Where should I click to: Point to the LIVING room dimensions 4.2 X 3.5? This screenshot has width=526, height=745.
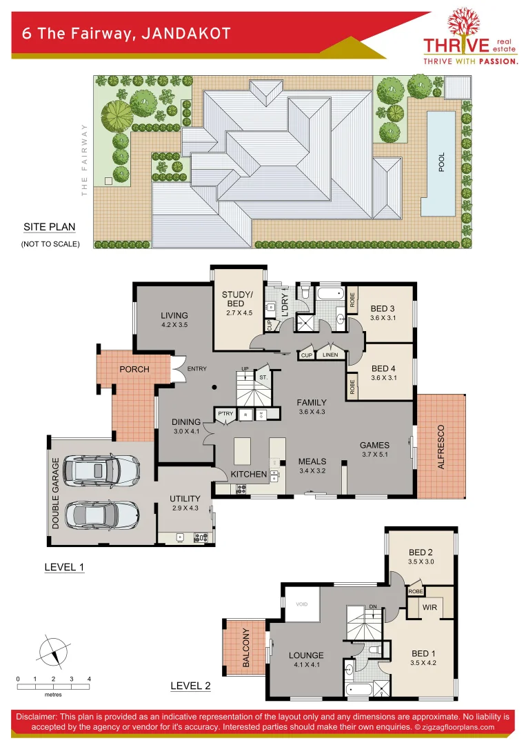[x=174, y=324]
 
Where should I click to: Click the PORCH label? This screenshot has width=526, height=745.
[x=134, y=369]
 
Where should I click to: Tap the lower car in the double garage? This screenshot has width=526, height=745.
[x=100, y=515]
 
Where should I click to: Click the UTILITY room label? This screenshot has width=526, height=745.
[x=185, y=499]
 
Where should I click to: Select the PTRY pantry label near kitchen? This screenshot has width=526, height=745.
[x=225, y=414]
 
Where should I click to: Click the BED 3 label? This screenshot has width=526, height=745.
[x=384, y=308]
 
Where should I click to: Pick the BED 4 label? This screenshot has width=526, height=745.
[x=384, y=368]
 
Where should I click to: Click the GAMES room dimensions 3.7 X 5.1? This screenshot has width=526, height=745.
[x=375, y=455]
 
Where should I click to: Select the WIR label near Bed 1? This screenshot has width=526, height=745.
[x=429, y=607]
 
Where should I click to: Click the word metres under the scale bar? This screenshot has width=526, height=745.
[x=53, y=695]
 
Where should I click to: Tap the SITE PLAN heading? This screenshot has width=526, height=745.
[x=49, y=227]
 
